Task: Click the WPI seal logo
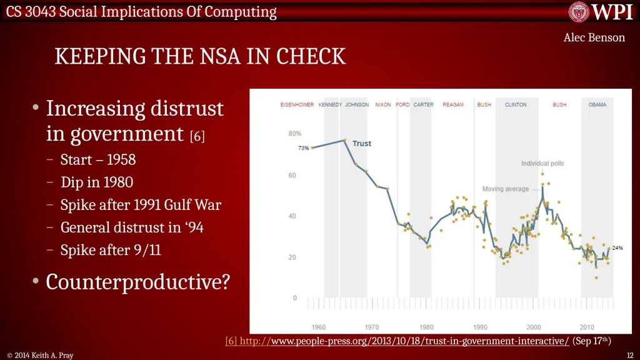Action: (x=579, y=11)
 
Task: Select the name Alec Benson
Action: (x=594, y=37)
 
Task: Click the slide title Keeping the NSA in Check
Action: (x=200, y=56)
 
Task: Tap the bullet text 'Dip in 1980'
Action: (x=97, y=182)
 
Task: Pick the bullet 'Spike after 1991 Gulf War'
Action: (x=141, y=205)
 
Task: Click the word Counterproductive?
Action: (x=138, y=282)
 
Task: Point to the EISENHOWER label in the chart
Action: (x=297, y=105)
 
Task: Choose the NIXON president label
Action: (x=383, y=105)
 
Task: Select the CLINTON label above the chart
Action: (x=516, y=105)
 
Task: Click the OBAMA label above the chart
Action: (x=597, y=105)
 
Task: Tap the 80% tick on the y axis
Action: (x=295, y=134)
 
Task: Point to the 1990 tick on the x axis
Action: (x=480, y=327)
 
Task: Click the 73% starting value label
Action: (x=303, y=148)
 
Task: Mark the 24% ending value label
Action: (x=617, y=247)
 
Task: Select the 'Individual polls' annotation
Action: (x=542, y=163)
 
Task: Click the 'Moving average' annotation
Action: (x=505, y=189)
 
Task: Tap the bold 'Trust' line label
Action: (x=362, y=144)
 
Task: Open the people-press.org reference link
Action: (x=397, y=341)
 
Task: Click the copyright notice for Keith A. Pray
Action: (x=40, y=356)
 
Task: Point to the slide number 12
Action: (x=630, y=356)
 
